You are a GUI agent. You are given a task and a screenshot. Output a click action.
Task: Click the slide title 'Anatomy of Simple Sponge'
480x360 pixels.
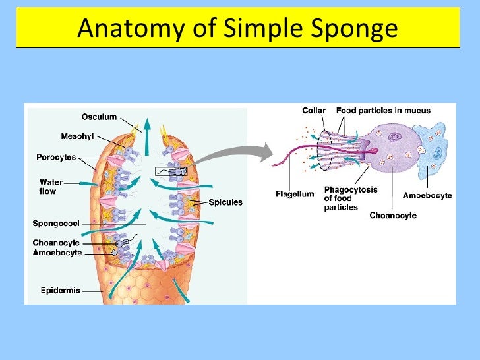tap(238, 28)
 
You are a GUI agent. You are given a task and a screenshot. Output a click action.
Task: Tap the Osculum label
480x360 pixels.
tap(99, 117)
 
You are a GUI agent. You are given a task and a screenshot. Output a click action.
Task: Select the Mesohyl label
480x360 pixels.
tap(77, 136)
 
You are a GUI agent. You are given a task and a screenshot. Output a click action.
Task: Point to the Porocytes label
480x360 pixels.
tap(56, 158)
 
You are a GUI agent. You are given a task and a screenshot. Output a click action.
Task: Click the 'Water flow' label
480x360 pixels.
tap(51, 186)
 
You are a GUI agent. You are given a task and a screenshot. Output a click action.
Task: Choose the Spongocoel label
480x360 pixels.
tap(56, 224)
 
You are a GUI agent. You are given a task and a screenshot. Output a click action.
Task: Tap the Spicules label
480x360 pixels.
tap(225, 202)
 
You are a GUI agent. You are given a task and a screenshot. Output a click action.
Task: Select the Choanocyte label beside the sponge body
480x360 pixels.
tap(57, 243)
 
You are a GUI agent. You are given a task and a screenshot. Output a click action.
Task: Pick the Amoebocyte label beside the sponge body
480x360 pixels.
tap(57, 253)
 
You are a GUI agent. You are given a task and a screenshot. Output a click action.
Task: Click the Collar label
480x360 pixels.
tap(314, 111)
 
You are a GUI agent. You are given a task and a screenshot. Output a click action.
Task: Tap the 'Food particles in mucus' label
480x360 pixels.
tap(383, 111)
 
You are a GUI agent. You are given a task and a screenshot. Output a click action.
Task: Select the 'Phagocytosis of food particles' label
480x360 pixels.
tap(350, 198)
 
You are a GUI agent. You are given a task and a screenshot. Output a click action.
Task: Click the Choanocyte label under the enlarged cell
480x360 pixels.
tap(393, 215)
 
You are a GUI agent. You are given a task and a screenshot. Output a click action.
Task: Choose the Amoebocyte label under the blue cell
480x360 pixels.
tap(427, 195)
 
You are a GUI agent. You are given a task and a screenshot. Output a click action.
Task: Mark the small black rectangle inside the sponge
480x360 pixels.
tap(171, 171)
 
